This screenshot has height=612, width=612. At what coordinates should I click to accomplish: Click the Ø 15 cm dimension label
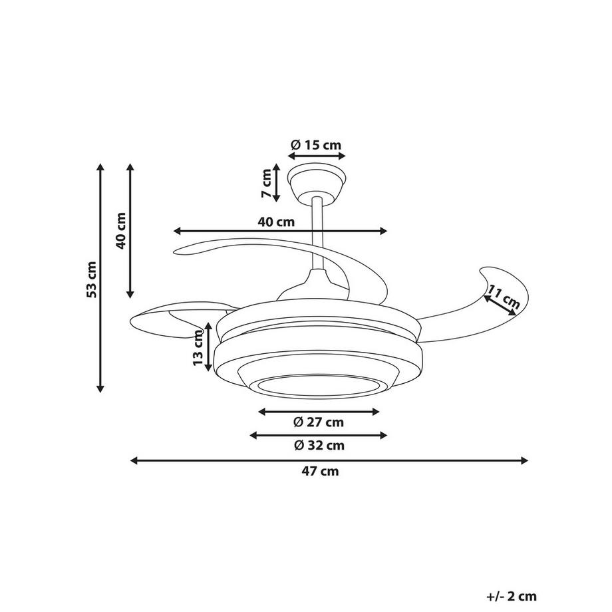click(316, 144)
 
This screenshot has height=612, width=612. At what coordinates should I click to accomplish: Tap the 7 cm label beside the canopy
click(267, 184)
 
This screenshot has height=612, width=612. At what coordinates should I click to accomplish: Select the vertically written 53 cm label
click(92, 279)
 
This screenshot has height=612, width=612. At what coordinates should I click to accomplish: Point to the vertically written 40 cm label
click(120, 230)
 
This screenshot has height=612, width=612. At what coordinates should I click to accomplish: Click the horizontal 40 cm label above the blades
click(276, 222)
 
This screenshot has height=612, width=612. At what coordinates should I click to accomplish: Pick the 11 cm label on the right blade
click(504, 297)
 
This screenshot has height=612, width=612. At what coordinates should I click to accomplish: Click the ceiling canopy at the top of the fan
click(316, 178)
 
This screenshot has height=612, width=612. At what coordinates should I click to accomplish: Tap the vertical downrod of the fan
click(318, 233)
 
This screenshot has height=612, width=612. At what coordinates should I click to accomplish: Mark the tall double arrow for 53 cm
click(101, 278)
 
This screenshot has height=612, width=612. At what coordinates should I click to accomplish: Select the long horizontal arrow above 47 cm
click(329, 460)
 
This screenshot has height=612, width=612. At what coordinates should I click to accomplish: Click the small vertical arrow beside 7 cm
click(277, 184)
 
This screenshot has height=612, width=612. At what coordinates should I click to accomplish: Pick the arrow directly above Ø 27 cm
click(319, 412)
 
